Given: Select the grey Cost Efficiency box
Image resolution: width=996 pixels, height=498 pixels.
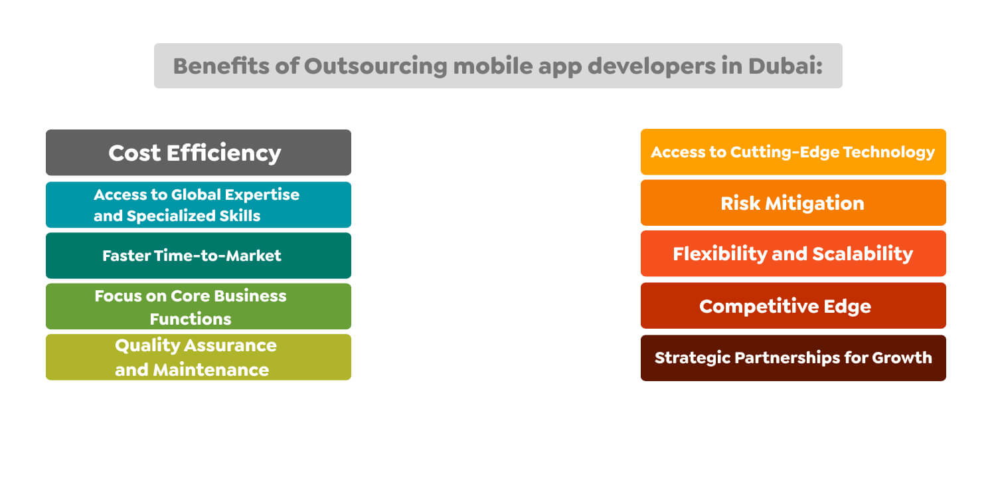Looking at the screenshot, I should click(198, 153).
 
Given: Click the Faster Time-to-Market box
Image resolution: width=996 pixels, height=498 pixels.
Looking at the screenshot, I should click(198, 256).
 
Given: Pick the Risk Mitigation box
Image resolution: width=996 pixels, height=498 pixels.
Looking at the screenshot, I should click(793, 203).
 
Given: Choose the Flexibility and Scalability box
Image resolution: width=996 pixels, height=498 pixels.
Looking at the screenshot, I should click(793, 254).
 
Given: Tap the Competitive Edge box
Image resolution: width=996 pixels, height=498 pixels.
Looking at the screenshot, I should click(793, 306).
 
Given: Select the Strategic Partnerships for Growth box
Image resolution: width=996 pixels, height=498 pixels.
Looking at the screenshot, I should click(793, 358).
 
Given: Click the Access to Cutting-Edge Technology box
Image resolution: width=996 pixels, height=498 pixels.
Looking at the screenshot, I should click(793, 152).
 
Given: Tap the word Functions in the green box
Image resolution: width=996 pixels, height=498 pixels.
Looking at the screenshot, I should click(191, 319).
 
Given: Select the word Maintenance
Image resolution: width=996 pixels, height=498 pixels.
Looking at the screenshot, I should click(211, 370).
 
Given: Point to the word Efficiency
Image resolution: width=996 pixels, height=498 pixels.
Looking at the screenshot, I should click(224, 153).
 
